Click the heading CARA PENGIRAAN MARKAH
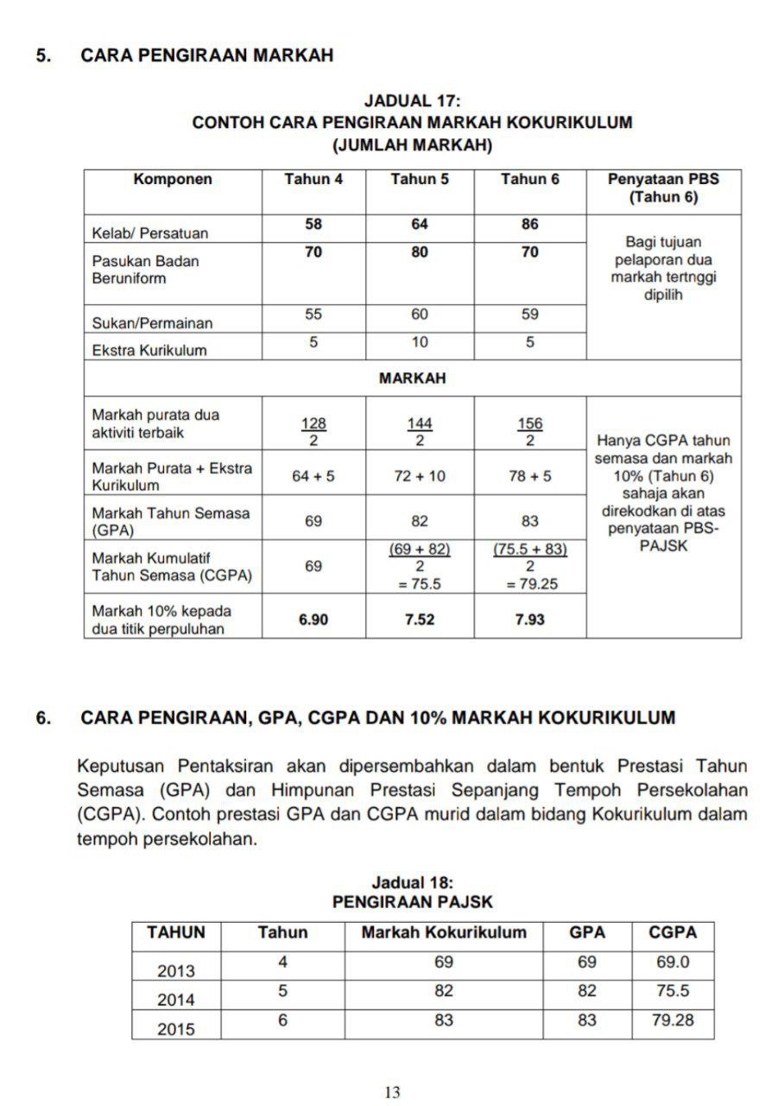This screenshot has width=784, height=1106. point(206,55)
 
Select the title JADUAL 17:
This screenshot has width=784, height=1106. point(412,102)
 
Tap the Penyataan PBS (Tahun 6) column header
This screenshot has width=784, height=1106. point(663,188)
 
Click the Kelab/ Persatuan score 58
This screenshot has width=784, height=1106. point(313,225)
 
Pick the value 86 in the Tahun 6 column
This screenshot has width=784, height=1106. point(530,225)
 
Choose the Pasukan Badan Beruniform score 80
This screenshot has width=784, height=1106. point(420,253)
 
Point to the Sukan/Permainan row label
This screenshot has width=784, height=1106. point(152,323)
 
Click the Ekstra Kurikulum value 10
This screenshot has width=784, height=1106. point(420,342)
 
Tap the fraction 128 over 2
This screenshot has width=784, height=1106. point(313,432)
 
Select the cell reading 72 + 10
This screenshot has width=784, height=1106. point(420,476)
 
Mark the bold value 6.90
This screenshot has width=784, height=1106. point(313,620)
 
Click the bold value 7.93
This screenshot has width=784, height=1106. point(530,620)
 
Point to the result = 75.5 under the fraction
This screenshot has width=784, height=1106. point(420,583)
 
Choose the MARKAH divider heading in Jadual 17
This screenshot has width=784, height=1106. point(412,378)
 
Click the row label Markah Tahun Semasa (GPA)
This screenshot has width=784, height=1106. point(171,521)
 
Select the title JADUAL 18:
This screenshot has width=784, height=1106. point(412,883)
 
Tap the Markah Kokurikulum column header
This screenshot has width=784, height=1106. point(444,933)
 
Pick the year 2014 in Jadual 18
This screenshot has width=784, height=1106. point(176,1000)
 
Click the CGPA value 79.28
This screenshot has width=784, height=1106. point(673,1020)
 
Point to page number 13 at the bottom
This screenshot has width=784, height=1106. point(392,1092)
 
